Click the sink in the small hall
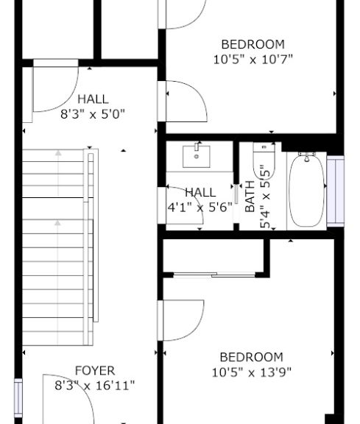(x=197, y=157)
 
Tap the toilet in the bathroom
(x=264, y=160)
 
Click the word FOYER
(x=95, y=370)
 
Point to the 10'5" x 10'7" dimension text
(x=253, y=60)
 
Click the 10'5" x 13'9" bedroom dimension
(x=252, y=372)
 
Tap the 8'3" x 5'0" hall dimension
(x=93, y=114)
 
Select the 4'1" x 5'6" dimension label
(x=200, y=208)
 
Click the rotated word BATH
(x=250, y=197)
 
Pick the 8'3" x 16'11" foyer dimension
(x=95, y=385)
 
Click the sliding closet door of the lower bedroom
(x=214, y=275)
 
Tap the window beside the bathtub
(x=336, y=191)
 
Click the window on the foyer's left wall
(x=18, y=397)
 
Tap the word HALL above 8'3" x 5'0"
(x=93, y=99)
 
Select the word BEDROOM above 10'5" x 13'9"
(x=252, y=357)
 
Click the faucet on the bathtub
(x=307, y=157)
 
